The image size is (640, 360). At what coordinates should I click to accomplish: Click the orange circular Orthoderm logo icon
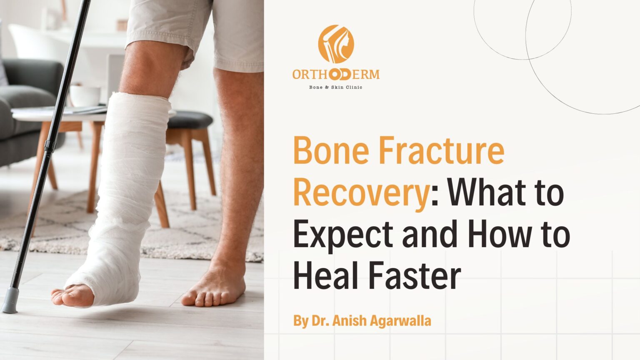click(x=336, y=44)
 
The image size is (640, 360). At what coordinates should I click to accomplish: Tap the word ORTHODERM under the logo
click(x=336, y=75)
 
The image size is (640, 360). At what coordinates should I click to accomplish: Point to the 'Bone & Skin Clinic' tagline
click(x=335, y=87)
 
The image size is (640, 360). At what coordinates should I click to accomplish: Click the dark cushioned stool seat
click(x=190, y=120)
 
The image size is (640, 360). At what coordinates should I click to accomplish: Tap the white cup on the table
click(x=85, y=96)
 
